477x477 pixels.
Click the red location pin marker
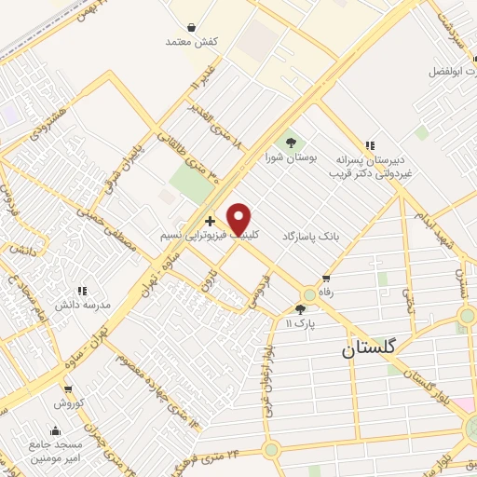click(x=240, y=219)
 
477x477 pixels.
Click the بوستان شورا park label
click(x=291, y=158)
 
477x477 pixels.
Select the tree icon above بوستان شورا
click(x=291, y=143)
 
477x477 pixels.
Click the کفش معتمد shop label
click(x=192, y=43)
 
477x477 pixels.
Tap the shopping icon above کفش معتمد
click(x=191, y=28)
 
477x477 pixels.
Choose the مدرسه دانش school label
click(x=84, y=305)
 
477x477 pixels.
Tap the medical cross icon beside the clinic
click(x=211, y=222)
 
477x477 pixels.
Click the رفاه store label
click(x=326, y=293)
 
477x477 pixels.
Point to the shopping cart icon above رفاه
click(x=326, y=279)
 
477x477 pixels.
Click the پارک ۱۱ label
click(x=301, y=323)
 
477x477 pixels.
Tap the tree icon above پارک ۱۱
click(x=301, y=309)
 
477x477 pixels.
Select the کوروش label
click(x=68, y=403)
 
